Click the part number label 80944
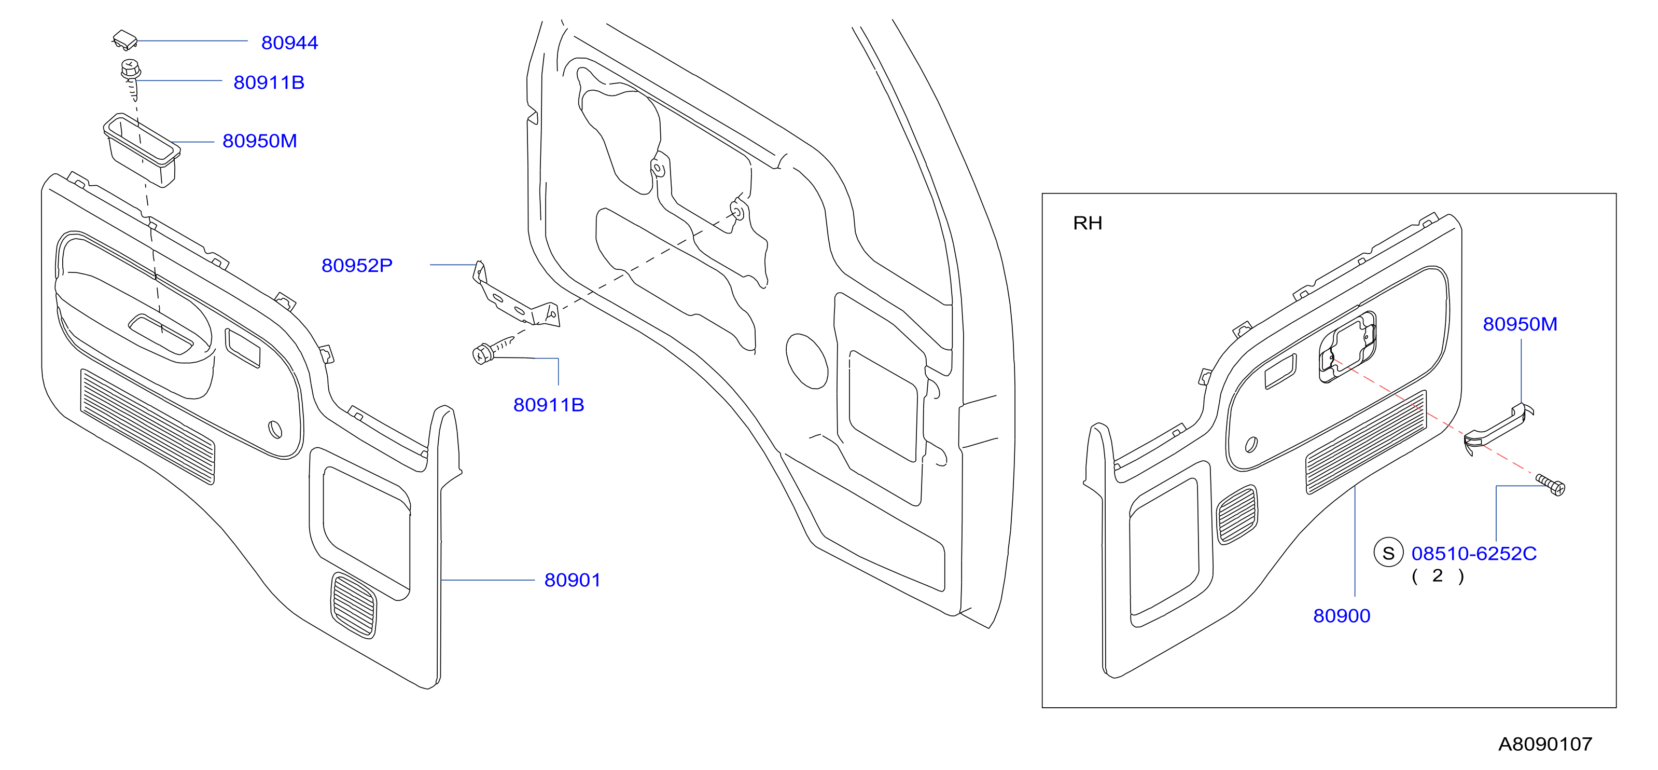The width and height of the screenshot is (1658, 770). coord(289,43)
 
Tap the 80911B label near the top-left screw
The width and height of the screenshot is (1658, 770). coord(269,82)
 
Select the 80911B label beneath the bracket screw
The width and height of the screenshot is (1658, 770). coord(548,405)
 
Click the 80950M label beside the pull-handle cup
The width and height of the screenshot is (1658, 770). coord(259,141)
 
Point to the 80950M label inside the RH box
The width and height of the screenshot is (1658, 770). coord(1520,324)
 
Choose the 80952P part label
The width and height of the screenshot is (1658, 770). coord(357,265)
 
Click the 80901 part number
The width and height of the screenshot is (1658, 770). coord(572,580)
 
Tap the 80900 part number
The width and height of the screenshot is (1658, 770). coord(1341,616)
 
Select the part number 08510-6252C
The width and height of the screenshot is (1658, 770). coord(1474,554)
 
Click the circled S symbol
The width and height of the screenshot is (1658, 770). coord(1388,553)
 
